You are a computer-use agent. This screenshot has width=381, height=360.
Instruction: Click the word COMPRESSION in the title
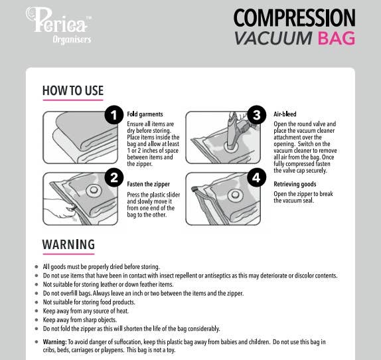click(x=294, y=17)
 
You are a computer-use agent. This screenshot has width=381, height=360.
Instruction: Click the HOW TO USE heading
click(x=72, y=90)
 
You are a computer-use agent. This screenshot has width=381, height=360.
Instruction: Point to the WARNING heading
click(x=68, y=244)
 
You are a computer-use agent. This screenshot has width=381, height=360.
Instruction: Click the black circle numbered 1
click(x=114, y=116)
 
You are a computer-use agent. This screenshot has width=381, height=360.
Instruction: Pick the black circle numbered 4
click(x=257, y=177)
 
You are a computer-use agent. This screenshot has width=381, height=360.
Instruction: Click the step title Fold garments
click(x=145, y=114)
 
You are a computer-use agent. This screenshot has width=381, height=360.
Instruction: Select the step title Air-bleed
click(x=285, y=114)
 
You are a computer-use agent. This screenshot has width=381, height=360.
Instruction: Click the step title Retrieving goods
click(x=295, y=184)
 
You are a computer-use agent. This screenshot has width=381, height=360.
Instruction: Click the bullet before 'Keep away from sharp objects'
click(x=37, y=319)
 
